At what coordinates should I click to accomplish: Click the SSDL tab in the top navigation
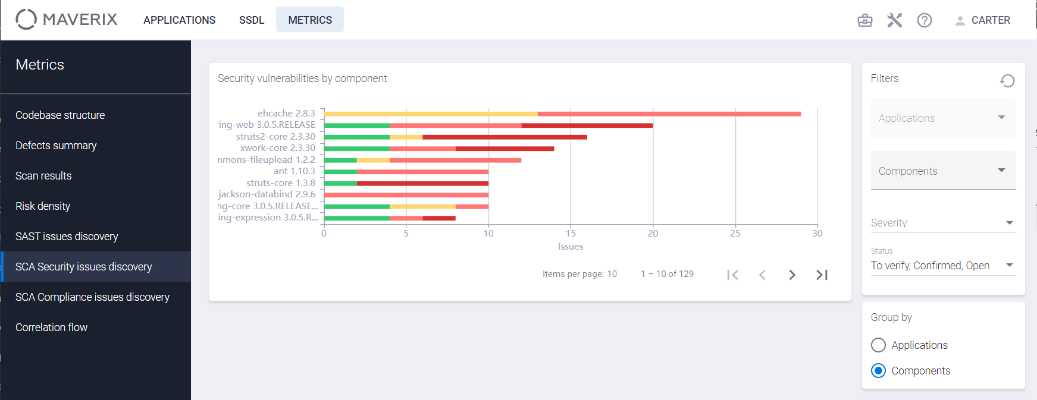[252, 20]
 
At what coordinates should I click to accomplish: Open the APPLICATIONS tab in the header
[179, 20]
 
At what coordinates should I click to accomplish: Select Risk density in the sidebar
[43, 206]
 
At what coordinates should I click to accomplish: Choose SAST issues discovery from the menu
[67, 237]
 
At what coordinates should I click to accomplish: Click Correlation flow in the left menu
[51, 327]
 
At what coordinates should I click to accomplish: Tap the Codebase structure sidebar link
[60, 115]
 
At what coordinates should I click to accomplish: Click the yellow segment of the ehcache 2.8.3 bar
[431, 114]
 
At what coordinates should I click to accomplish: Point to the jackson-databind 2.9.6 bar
[406, 195]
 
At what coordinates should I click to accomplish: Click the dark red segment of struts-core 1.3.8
[422, 183]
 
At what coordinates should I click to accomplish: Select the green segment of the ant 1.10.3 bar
[340, 172]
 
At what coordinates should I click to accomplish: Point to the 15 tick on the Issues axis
[571, 234]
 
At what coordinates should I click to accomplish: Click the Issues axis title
[571, 247]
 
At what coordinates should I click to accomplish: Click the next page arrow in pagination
[792, 275]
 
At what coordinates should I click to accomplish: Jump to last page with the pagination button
[822, 275]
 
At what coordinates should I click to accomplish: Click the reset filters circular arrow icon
[1007, 80]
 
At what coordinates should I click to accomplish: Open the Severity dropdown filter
[943, 223]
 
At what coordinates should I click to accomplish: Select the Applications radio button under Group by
[878, 345]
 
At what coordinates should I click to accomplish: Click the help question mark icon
[925, 20]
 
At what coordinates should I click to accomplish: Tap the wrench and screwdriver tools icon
[895, 20]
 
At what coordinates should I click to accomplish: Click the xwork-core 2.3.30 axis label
[278, 148]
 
